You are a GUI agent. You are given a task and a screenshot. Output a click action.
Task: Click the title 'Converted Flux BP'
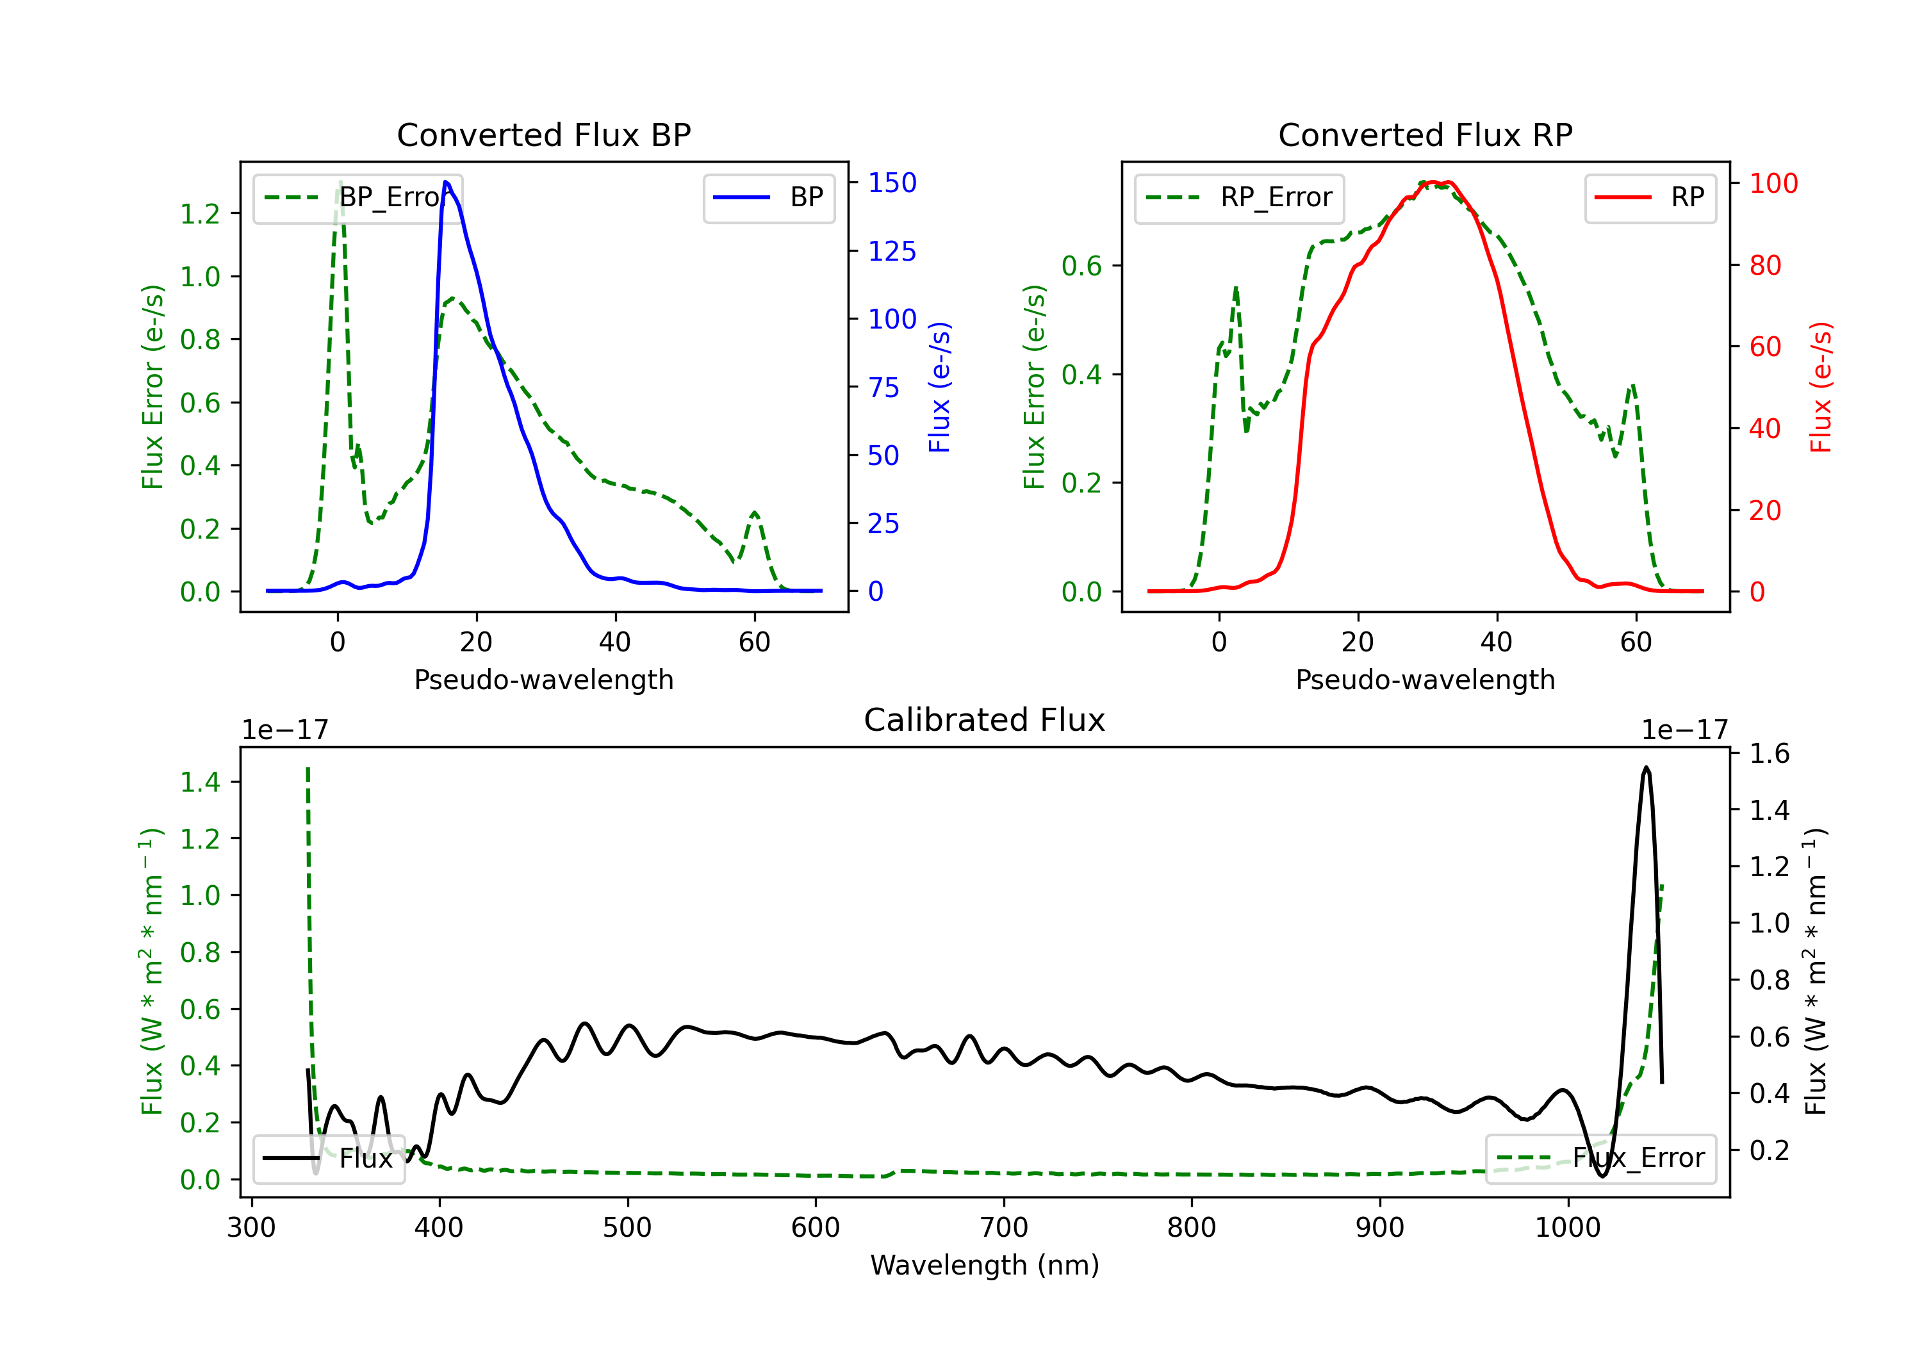click(543, 134)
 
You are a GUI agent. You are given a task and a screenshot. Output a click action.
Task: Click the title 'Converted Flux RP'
click(1425, 134)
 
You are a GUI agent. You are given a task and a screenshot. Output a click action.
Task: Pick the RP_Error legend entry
click(1239, 197)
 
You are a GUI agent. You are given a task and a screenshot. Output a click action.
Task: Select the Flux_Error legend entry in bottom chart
click(1600, 1159)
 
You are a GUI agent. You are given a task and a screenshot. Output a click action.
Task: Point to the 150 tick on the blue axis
click(892, 183)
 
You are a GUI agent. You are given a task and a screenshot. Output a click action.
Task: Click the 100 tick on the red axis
click(1773, 183)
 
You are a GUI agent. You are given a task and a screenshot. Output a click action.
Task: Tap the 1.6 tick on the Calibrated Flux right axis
click(1769, 753)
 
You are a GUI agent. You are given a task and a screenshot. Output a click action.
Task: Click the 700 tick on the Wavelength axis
click(1003, 1228)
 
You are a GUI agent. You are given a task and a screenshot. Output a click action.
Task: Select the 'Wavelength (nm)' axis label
click(985, 1265)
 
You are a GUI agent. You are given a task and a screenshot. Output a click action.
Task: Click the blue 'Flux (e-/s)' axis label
click(939, 387)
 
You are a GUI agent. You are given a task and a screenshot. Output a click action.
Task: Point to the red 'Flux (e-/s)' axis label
click(1821, 387)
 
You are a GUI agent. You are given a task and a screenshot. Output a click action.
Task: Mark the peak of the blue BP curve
click(445, 182)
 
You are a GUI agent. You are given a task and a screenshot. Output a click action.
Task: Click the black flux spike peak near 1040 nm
click(1646, 767)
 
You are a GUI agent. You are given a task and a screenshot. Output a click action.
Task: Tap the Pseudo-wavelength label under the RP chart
click(1425, 680)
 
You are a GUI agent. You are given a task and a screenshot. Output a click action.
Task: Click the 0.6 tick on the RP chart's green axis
click(1081, 266)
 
